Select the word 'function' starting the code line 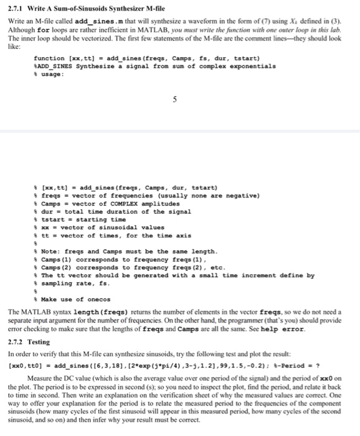[49, 58]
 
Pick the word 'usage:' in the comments [52, 73]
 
